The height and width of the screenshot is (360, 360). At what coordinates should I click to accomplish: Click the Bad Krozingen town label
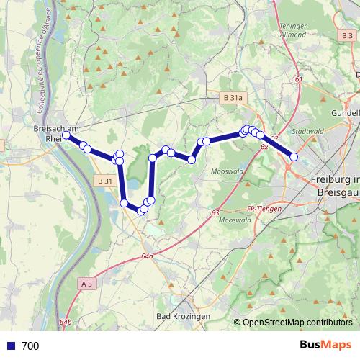[182, 317]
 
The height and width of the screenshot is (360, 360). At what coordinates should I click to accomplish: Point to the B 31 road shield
[104, 181]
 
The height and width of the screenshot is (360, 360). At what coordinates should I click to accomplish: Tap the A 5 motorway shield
[87, 284]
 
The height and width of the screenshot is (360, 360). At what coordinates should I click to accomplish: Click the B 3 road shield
[348, 35]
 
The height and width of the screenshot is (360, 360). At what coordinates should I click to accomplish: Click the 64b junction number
[66, 322]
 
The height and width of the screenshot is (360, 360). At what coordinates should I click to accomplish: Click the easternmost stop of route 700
[294, 156]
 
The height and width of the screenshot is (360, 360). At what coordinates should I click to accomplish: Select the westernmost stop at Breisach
[66, 135]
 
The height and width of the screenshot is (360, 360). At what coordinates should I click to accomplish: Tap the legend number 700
[30, 346]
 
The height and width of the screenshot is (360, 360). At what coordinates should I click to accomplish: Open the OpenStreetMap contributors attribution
[297, 323]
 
